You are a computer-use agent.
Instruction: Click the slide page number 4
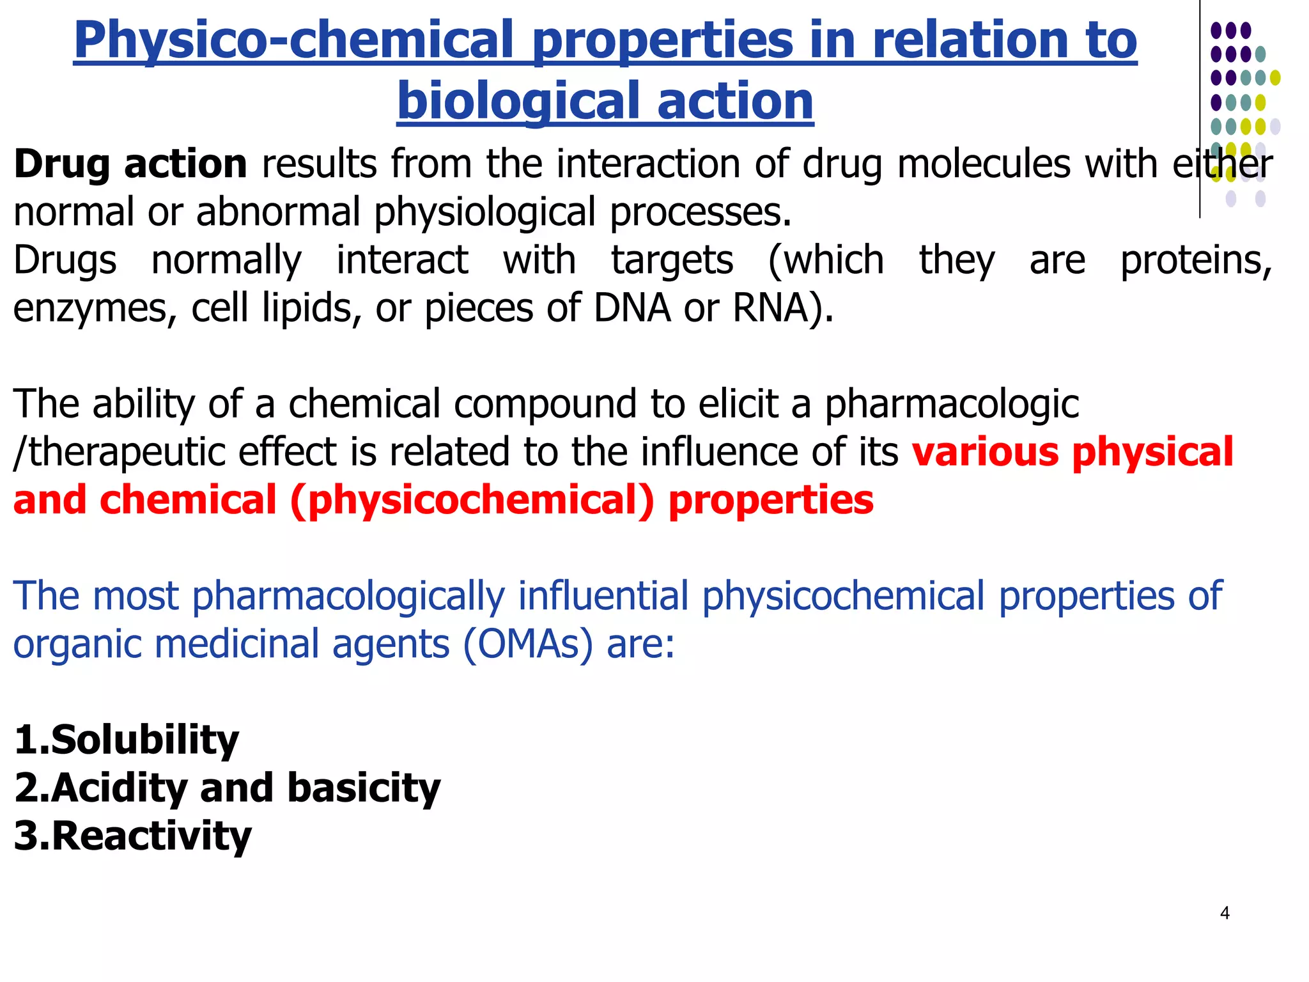1225,913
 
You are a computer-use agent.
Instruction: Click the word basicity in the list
364,788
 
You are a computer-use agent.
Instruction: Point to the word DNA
632,308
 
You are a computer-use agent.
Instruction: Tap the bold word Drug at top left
62,164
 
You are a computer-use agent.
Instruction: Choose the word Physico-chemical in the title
293,40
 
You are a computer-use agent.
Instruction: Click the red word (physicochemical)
472,500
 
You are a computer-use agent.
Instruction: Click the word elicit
738,404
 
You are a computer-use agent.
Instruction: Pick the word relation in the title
959,40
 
